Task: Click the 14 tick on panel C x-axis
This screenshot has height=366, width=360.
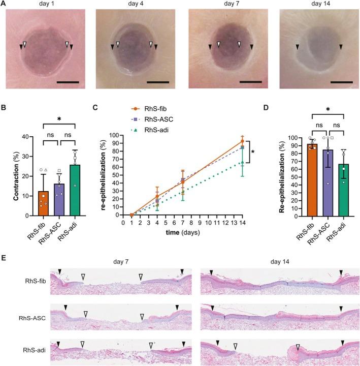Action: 243,222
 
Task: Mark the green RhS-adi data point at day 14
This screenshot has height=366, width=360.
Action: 243,162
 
